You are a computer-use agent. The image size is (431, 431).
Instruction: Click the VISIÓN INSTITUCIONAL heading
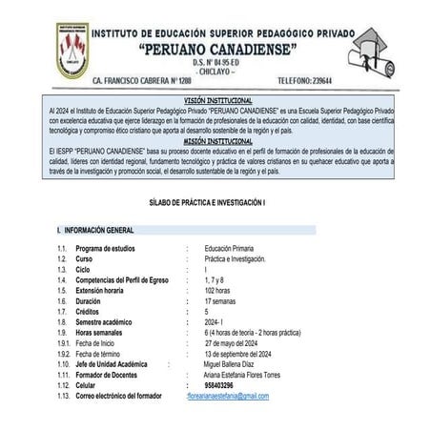[217, 100]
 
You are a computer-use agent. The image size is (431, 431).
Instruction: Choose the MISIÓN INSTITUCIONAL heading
[217, 140]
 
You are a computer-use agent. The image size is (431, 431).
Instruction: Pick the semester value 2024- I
[216, 321]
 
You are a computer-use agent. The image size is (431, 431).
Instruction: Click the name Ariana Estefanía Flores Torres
[251, 374]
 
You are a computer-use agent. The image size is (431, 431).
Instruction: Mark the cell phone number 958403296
[222, 384]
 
